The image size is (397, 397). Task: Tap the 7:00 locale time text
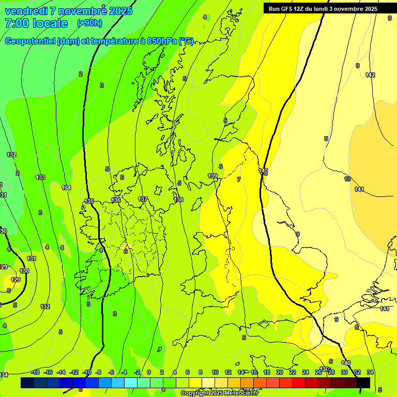click(x=36, y=23)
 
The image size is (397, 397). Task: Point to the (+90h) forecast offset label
click(x=89, y=23)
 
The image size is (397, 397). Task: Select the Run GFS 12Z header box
click(x=323, y=8)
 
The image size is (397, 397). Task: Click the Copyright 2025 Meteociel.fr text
click(x=219, y=393)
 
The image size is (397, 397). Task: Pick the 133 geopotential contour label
click(x=40, y=177)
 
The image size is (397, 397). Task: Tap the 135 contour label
click(x=89, y=201)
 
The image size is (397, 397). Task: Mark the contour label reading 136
click(x=116, y=200)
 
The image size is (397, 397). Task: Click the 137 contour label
click(x=143, y=199)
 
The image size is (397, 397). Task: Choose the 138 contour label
click(x=178, y=200)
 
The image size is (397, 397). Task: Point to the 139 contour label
click(x=212, y=176)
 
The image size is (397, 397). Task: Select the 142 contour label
click(x=370, y=75)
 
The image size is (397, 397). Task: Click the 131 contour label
click(x=32, y=258)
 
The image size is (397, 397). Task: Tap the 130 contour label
click(x=24, y=271)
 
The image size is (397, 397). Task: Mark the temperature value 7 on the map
click(x=238, y=179)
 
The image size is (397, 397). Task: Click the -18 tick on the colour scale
click(x=35, y=372)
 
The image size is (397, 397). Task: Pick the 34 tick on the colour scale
click(x=370, y=372)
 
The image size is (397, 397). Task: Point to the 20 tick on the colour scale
click(x=280, y=372)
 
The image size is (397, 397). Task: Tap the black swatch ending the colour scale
click(x=363, y=383)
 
